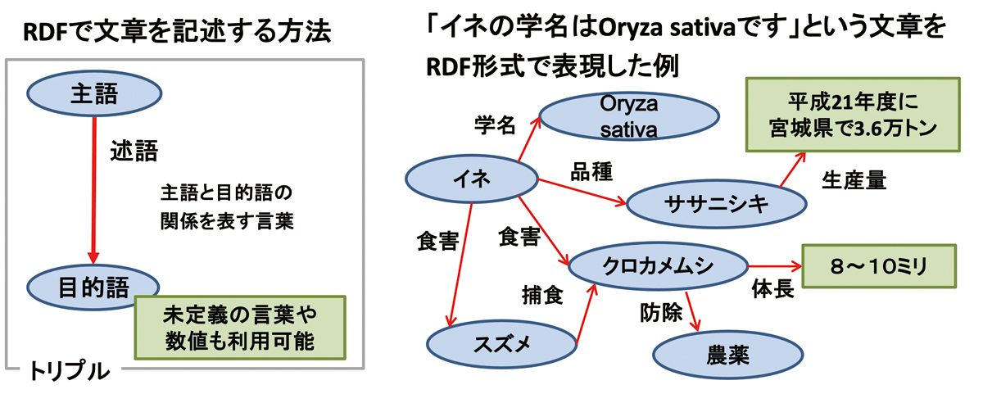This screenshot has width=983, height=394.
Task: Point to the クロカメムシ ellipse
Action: [659, 266]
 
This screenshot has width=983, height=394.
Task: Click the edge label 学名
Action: [495, 125]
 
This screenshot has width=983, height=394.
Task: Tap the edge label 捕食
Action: [542, 296]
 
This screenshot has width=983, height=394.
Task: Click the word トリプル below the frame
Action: [70, 371]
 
